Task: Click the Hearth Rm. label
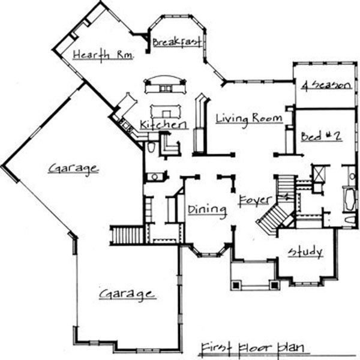click(102, 55)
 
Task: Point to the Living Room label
click(248, 119)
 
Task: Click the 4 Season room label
click(325, 85)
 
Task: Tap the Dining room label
click(206, 209)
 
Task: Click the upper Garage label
click(74, 169)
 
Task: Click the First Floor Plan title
click(251, 347)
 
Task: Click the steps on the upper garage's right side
click(127, 233)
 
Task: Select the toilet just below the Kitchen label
click(151, 148)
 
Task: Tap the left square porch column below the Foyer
click(236, 284)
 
